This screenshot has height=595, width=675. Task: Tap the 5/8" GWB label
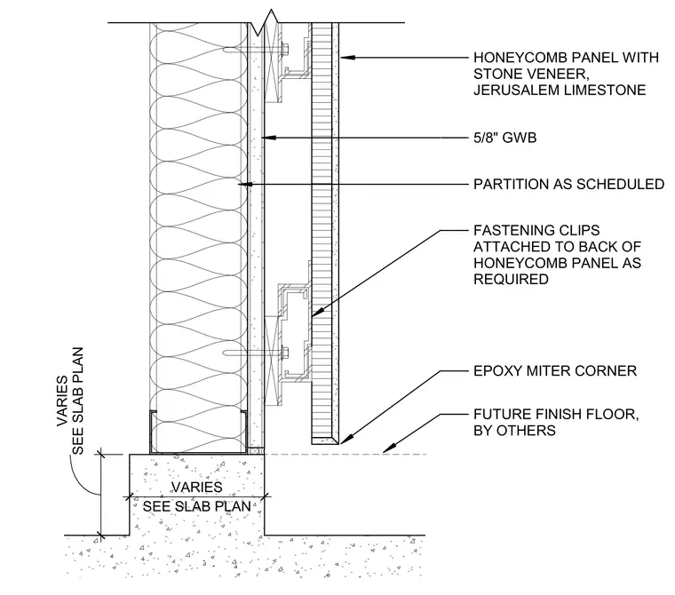pyautogui.click(x=505, y=138)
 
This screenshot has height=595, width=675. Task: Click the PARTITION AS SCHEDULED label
pyautogui.click(x=568, y=184)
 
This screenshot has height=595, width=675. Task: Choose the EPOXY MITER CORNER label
pyautogui.click(x=555, y=370)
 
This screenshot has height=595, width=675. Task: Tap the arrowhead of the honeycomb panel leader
pyautogui.click(x=348, y=57)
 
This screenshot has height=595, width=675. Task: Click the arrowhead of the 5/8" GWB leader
pyautogui.click(x=268, y=138)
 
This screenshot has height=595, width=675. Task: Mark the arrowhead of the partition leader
pyautogui.click(x=244, y=184)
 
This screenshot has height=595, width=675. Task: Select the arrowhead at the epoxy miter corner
pyautogui.click(x=347, y=439)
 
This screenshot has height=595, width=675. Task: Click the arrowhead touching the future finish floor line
pyautogui.click(x=389, y=448)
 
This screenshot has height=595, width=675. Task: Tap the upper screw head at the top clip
pyautogui.click(x=285, y=50)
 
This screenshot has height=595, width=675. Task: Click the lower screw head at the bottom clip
pyautogui.click(x=285, y=353)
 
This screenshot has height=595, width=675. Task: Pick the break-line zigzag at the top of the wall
pyautogui.click(x=263, y=23)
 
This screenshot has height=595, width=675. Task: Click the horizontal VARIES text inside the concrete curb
pyautogui.click(x=197, y=487)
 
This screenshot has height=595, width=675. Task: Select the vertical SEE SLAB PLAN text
pyautogui.click(x=77, y=401)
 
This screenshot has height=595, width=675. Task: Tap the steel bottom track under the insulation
pyautogui.click(x=198, y=452)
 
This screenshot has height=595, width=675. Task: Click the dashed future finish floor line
pyautogui.click(x=345, y=454)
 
